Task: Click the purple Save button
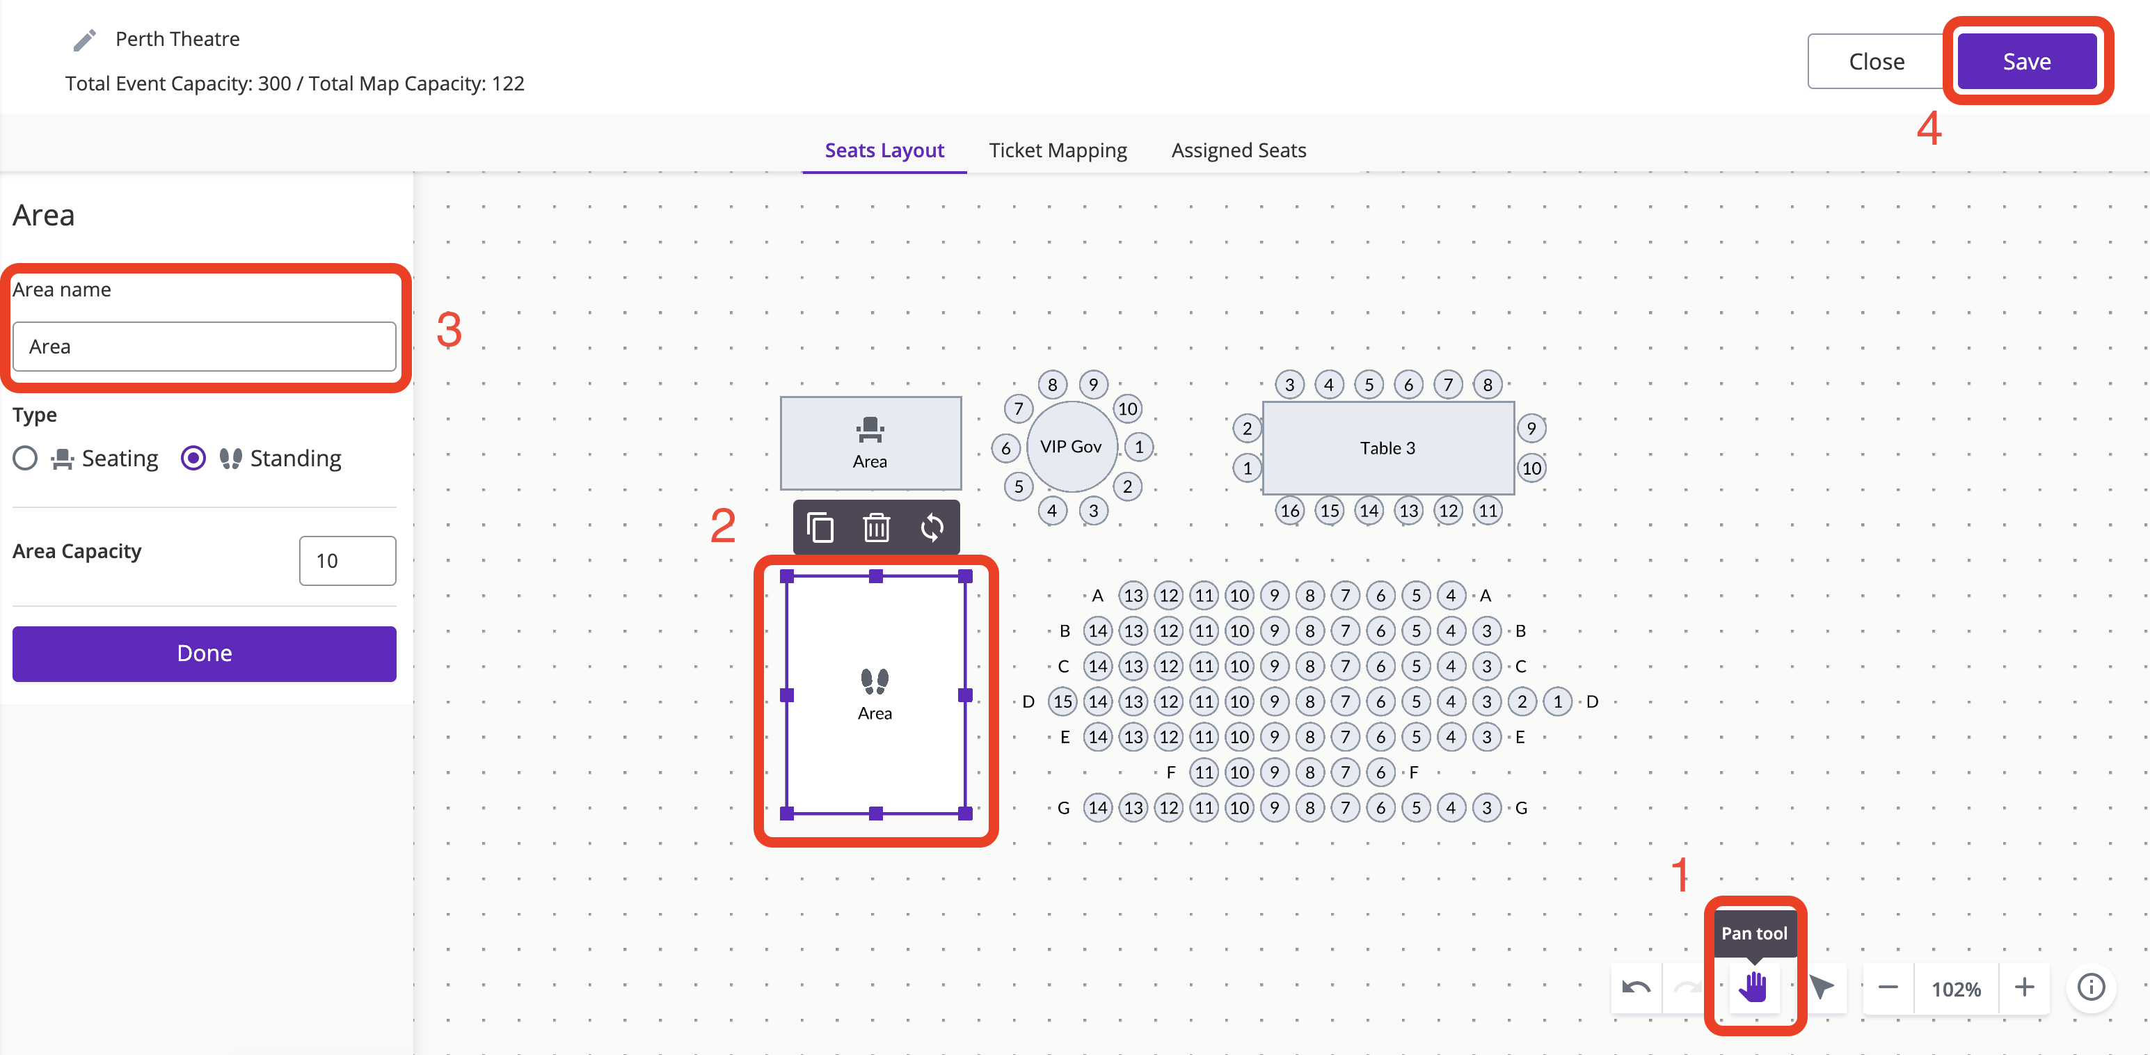click(x=2026, y=61)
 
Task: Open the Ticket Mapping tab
click(x=1058, y=150)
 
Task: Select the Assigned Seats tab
click(x=1239, y=150)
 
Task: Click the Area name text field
click(x=205, y=347)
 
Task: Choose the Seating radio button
click(x=25, y=458)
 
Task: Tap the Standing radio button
click(x=193, y=458)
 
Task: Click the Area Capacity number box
click(x=347, y=561)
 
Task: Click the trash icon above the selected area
click(x=877, y=527)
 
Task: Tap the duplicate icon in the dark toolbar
click(x=820, y=527)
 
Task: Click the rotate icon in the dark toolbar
click(x=932, y=527)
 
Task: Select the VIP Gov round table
click(x=1072, y=447)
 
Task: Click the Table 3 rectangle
click(x=1388, y=448)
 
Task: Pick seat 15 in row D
click(x=1062, y=701)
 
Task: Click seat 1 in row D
click(x=1557, y=701)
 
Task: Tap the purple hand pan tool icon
click(x=1753, y=987)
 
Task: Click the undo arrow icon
click(x=1636, y=988)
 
